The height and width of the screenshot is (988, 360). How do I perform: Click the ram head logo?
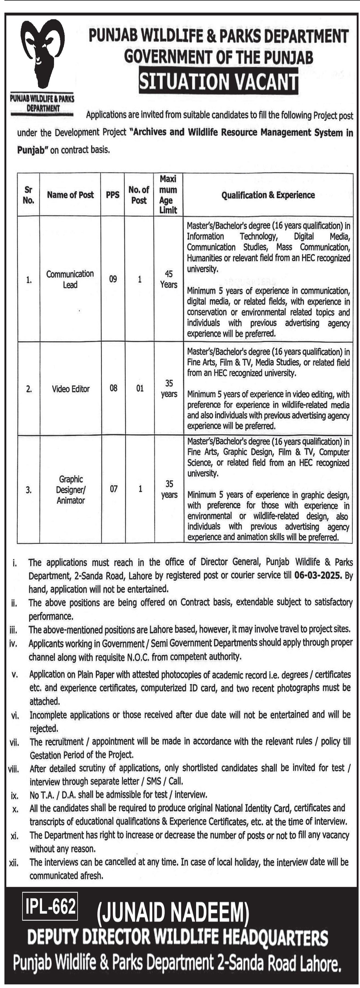pos(42,54)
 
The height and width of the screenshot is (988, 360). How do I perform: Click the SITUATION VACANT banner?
pos(219,81)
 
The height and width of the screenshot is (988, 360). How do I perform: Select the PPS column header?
pos(113,195)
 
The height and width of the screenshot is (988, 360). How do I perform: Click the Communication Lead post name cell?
pos(70,279)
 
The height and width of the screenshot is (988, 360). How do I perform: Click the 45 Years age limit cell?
pos(169,279)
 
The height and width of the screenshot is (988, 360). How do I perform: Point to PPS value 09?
pos(113,279)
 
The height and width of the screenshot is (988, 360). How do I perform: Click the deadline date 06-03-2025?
pos(318,575)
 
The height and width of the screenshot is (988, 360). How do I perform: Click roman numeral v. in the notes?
pos(15,674)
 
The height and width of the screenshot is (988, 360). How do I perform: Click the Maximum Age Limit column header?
pos(168,194)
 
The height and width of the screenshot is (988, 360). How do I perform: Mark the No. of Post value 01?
pos(140,388)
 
